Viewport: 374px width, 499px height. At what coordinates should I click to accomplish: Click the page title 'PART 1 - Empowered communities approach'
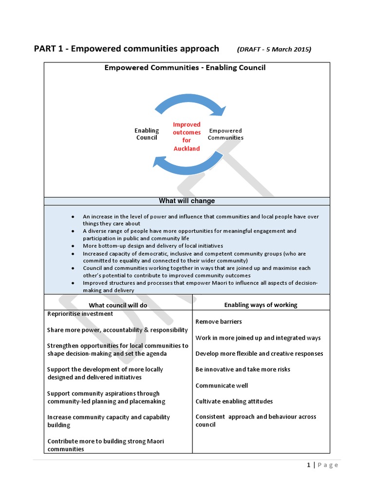pos(126,49)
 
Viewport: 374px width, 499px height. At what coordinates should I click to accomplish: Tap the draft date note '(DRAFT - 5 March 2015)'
pos(274,49)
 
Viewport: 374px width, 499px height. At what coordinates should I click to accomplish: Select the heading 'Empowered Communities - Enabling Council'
pos(185,68)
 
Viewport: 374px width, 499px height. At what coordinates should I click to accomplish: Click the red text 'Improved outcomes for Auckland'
pos(187,136)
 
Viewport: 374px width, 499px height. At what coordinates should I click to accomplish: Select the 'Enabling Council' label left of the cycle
pos(147,134)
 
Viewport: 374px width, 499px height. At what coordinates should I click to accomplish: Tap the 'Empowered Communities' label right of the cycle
pos(225,134)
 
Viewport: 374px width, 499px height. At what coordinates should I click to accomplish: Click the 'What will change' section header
pos(187,201)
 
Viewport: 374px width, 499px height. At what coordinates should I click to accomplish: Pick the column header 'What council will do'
pos(118,305)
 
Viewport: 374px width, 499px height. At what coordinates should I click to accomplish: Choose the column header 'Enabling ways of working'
pos(261,305)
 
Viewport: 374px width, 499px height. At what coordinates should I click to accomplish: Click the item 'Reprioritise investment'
pos(80,314)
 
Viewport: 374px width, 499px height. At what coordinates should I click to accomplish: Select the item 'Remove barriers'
pos(219,322)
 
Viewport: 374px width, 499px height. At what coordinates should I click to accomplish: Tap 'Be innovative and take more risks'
pos(243,369)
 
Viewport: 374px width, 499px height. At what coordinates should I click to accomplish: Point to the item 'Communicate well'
pos(222,385)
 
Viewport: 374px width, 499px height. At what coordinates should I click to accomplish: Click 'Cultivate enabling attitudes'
pos(234,402)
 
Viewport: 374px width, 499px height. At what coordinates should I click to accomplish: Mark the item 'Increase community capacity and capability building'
pos(109,421)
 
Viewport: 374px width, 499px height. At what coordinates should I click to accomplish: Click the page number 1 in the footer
pos(309,465)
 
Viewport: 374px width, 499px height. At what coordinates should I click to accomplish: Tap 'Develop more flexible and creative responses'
pos(259,354)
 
